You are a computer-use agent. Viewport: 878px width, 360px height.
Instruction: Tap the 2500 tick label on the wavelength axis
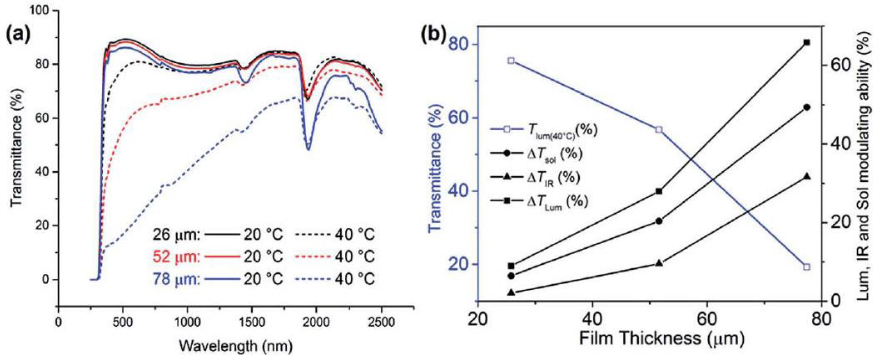tap(381, 322)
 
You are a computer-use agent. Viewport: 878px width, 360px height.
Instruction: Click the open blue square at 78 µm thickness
tap(806, 267)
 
